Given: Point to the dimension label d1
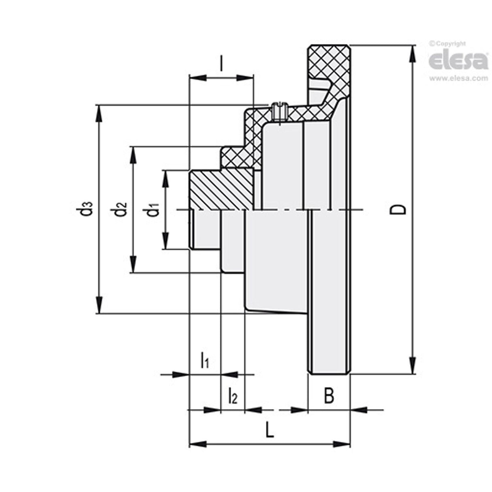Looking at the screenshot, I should tap(153, 210).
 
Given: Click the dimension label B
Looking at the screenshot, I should tap(329, 396).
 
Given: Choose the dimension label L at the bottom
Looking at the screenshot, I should tap(270, 430).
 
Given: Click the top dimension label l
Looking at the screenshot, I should tap(221, 63).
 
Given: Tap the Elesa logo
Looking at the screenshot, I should tap(458, 61).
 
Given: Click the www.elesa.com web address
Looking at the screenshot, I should tap(458, 79).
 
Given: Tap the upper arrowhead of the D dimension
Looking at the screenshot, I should tap(413, 53).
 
